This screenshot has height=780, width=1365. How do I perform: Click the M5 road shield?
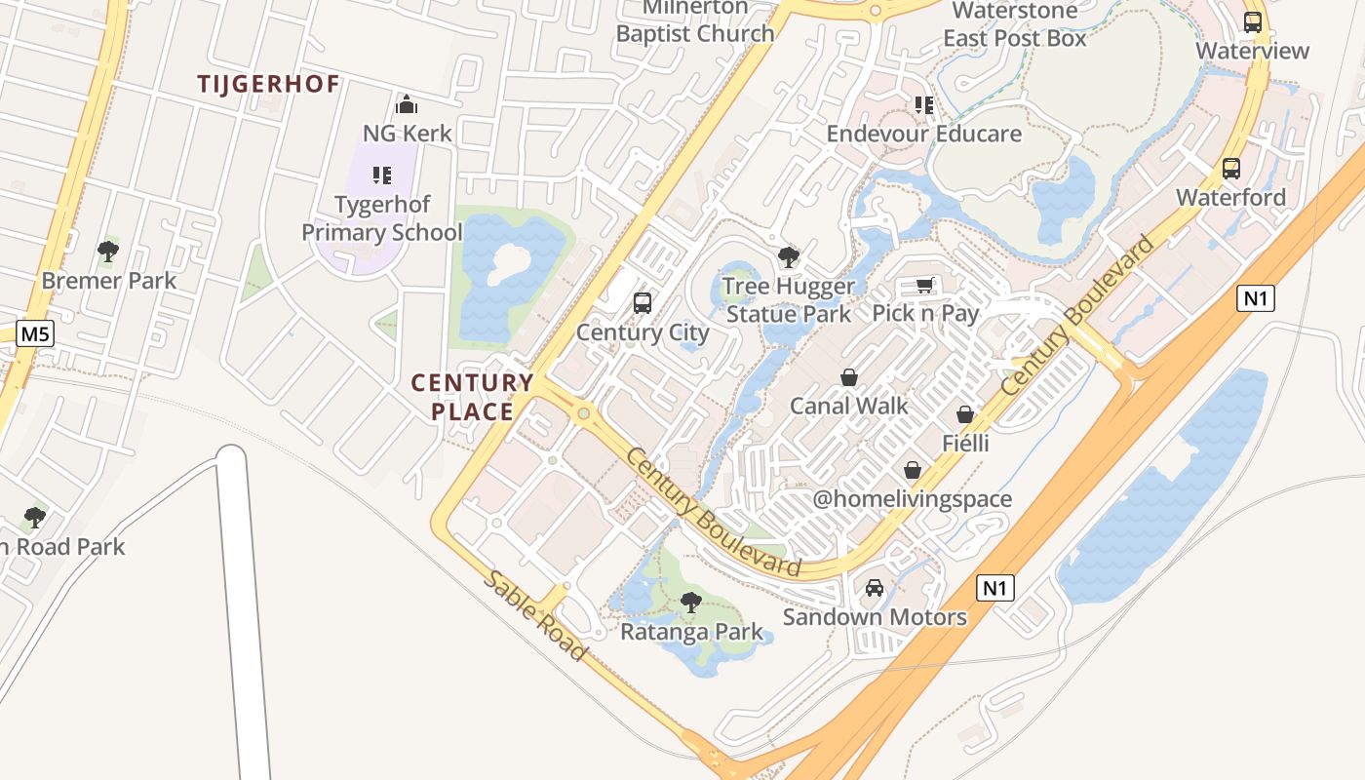(x=35, y=334)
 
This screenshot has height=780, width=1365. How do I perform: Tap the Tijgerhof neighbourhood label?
(x=268, y=84)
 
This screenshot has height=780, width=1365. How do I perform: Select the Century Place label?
(x=473, y=396)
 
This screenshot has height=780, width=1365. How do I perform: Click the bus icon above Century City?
(x=642, y=303)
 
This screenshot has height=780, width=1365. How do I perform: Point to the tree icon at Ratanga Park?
(x=691, y=603)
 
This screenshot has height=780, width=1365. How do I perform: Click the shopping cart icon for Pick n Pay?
(x=924, y=285)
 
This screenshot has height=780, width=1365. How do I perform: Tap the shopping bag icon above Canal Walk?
(x=849, y=377)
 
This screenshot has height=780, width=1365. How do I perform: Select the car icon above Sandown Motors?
(x=875, y=588)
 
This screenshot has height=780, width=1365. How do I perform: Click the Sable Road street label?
(x=535, y=615)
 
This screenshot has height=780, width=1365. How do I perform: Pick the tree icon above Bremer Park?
(x=108, y=252)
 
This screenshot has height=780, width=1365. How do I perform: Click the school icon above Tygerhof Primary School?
(x=381, y=175)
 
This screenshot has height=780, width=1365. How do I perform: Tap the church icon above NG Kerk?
(x=407, y=104)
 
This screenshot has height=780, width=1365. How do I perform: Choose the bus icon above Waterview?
(x=1253, y=21)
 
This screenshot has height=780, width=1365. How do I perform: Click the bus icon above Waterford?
(x=1231, y=169)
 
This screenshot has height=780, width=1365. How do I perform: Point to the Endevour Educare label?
(x=924, y=134)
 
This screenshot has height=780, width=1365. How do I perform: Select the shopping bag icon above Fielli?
(x=965, y=415)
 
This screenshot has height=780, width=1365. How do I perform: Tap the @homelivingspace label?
(x=913, y=499)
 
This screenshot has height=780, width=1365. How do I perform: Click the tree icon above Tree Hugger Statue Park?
(x=789, y=257)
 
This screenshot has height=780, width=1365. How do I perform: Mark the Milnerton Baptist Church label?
(x=695, y=21)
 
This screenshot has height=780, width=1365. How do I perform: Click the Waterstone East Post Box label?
(x=1015, y=25)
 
